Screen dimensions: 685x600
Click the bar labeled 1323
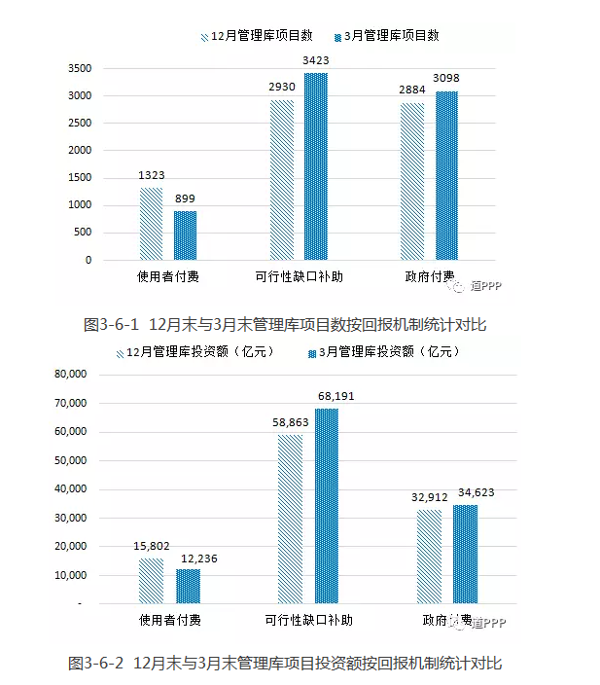coord(151,224)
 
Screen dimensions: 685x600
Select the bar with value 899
coord(185,235)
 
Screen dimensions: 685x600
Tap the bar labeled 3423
coord(316,166)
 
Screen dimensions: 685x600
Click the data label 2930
coord(281,88)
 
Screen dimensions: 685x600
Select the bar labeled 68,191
coord(326,506)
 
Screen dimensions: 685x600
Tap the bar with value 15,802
coord(151,581)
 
